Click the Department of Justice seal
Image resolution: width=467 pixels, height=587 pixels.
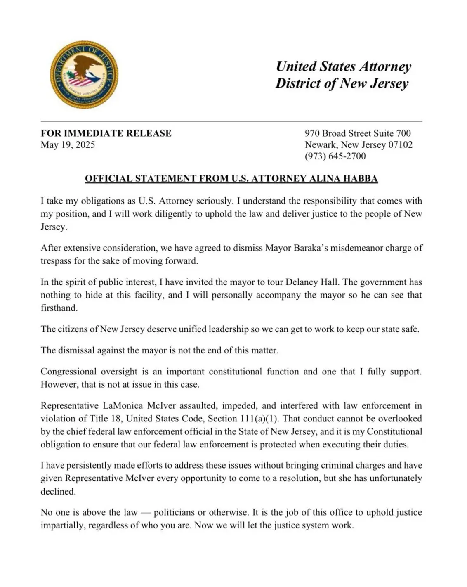tap(84, 75)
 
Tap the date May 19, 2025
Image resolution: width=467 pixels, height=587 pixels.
tap(68, 145)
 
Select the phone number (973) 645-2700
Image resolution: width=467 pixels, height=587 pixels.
tap(335, 156)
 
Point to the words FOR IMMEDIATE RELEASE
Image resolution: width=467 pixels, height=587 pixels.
tap(106, 133)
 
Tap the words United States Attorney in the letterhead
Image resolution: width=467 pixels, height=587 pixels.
tap(343, 66)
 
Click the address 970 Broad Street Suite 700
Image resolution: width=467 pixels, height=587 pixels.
tap(358, 133)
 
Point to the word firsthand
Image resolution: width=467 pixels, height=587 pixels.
tap(59, 308)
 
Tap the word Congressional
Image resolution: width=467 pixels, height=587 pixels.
tap(68, 372)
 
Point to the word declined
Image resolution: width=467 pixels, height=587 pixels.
tap(58, 492)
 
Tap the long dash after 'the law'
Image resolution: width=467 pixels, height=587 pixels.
tap(145, 513)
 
